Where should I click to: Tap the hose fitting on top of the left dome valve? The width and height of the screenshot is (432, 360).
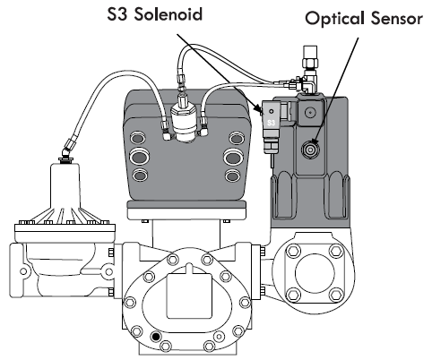(65, 149)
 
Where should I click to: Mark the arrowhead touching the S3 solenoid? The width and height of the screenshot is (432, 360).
(259, 112)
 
